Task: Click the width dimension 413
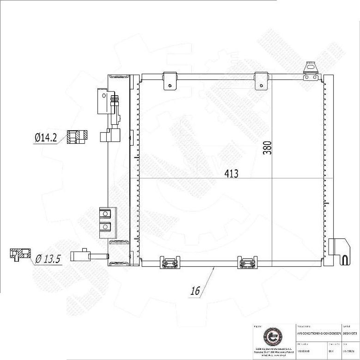[x=231, y=174]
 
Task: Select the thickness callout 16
[x=195, y=291]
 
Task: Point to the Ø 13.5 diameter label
[x=48, y=258]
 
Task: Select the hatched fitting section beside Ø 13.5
[x=20, y=254]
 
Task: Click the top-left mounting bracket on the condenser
[x=171, y=80]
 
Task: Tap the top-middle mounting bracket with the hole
[x=261, y=80]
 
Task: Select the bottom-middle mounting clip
[x=245, y=262]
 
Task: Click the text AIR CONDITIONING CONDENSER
[x=318, y=333]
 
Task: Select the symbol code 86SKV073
[x=350, y=333]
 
